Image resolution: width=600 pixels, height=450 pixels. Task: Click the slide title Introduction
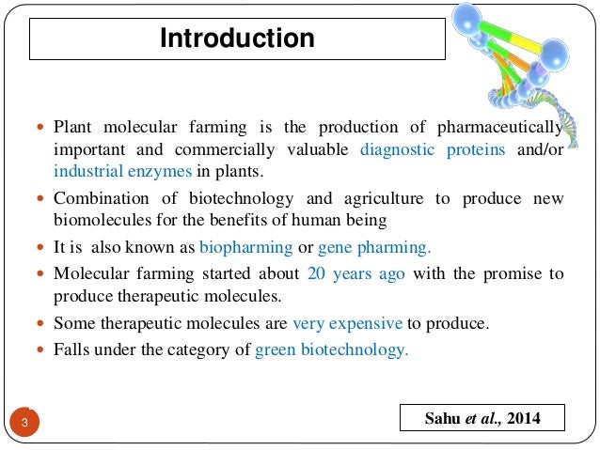pos(236,39)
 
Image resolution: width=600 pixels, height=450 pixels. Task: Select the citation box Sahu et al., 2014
pos(481,418)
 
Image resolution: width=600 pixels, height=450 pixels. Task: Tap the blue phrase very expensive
pos(347,324)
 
